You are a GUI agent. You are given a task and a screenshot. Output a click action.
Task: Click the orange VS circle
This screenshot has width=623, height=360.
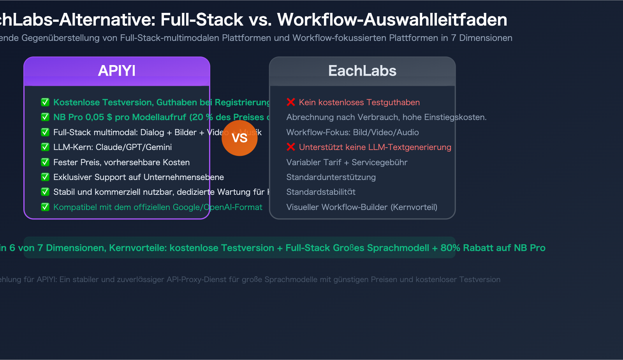(239, 138)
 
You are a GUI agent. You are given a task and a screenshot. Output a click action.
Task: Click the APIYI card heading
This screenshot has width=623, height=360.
(117, 71)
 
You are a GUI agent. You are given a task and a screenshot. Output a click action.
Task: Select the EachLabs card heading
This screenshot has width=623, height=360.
(362, 71)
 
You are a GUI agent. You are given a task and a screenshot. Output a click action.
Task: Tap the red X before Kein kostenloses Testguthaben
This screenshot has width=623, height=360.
(291, 102)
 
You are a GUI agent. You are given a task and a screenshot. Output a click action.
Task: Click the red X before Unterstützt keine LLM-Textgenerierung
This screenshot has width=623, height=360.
(291, 147)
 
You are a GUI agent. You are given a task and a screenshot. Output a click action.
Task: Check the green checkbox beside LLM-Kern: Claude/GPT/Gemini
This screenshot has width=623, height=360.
(45, 147)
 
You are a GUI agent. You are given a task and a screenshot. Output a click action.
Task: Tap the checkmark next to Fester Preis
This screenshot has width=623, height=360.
(45, 162)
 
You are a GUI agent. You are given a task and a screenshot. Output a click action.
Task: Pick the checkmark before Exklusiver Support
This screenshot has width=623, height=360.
(45, 177)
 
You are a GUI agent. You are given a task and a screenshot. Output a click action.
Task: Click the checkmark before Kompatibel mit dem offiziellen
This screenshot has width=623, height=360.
(45, 207)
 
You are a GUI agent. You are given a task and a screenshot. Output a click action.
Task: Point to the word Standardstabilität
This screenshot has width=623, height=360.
(321, 192)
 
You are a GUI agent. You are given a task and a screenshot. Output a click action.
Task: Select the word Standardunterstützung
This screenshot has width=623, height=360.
(331, 177)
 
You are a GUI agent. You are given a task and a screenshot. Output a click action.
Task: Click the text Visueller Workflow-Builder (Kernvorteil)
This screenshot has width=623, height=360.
(362, 207)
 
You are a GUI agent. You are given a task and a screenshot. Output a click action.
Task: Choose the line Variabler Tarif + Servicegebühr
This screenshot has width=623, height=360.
(347, 162)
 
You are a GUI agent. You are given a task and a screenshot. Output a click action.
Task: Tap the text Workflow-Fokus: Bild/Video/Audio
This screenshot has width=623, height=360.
(352, 132)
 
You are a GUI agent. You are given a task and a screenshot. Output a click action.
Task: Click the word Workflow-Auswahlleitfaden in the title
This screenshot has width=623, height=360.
(392, 20)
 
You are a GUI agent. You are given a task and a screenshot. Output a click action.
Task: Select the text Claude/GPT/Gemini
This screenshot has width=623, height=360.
(134, 147)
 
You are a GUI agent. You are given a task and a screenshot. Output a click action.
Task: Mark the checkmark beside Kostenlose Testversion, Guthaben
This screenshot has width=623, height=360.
(45, 102)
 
